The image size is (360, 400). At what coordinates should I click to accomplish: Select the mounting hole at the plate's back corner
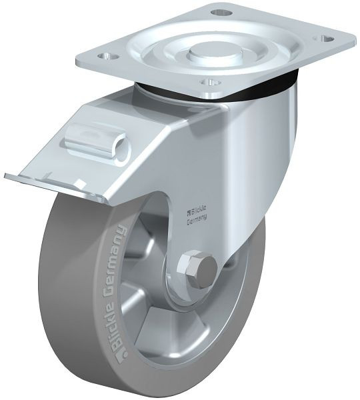click(x=221, y=12)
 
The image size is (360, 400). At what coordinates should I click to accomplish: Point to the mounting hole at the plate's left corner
click(x=109, y=55)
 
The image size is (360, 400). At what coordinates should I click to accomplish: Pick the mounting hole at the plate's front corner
click(x=211, y=82)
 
